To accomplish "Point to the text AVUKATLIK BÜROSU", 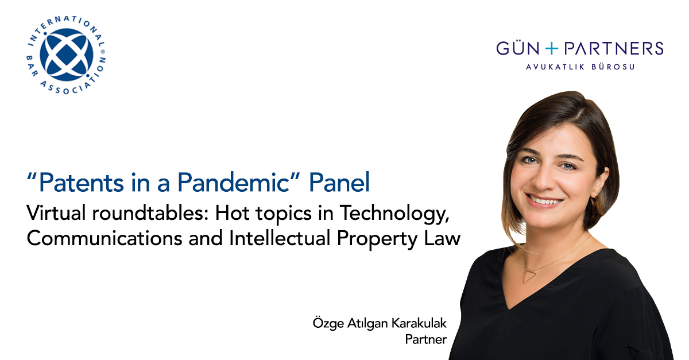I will click(x=580, y=67).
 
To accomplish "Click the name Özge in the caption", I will click(x=327, y=323).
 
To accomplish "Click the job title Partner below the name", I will click(x=425, y=339).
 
